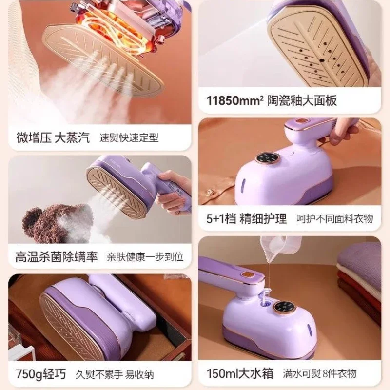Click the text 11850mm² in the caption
coord(235,101)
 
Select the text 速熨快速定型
coord(129,138)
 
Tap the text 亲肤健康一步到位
coord(145,257)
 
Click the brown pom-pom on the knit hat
coord(35,222)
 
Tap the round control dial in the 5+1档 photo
coord(268,158)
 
